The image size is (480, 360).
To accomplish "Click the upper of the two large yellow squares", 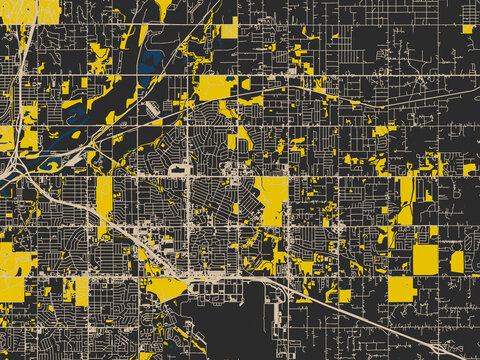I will [x=425, y=259].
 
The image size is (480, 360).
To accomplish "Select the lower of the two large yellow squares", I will [x=401, y=288].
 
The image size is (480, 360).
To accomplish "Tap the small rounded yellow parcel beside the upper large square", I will [x=457, y=261].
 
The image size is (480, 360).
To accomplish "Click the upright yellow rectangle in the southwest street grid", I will [x=81, y=290].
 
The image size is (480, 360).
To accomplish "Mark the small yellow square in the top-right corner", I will [x=467, y=29].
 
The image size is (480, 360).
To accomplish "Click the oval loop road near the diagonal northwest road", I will [x=150, y=107].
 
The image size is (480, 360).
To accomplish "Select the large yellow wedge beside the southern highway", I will [x=165, y=290].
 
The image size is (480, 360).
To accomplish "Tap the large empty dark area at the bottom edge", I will [x=225, y=330].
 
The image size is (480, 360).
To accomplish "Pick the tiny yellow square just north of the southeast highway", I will [x=344, y=295].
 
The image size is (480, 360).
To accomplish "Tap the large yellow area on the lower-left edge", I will [x=14, y=262].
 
